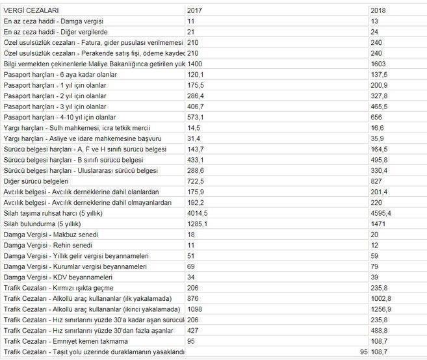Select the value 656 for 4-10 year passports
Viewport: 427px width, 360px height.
point(376,117)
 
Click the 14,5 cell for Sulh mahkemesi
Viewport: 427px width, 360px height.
point(194,128)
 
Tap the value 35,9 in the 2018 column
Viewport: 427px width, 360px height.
point(378,138)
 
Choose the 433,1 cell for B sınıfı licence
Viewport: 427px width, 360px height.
point(196,159)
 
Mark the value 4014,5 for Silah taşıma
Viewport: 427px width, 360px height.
point(198,212)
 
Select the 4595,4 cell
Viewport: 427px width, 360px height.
point(381,212)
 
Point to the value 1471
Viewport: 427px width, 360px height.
point(378,223)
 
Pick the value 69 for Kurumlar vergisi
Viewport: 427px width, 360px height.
point(191,265)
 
